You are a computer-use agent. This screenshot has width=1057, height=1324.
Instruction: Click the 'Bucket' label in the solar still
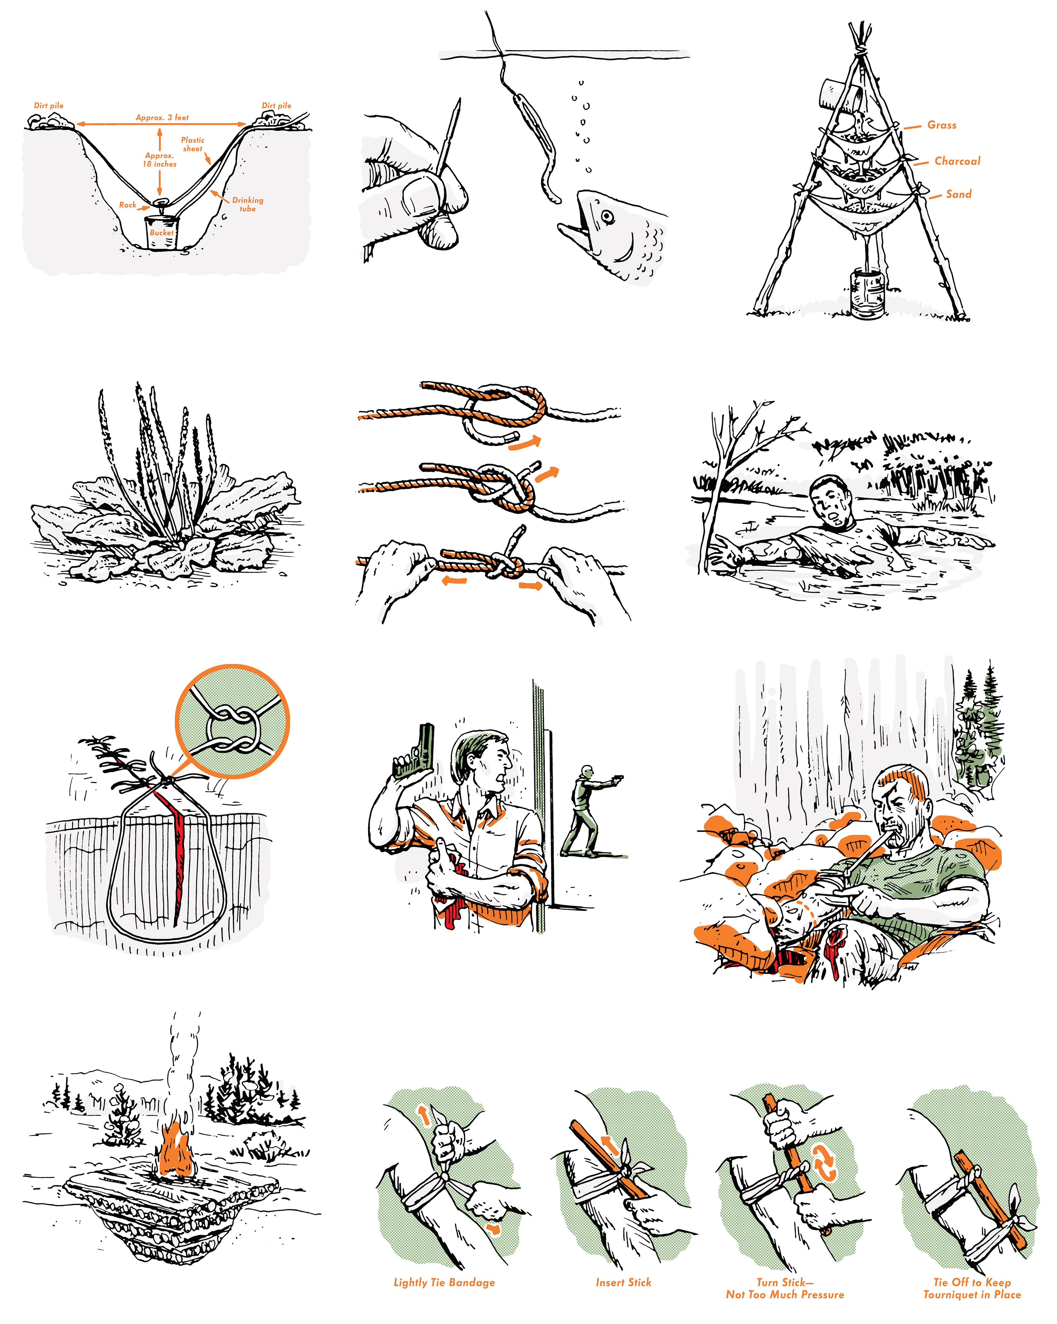click(162, 233)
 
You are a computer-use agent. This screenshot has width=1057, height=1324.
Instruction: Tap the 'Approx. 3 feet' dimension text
click(162, 117)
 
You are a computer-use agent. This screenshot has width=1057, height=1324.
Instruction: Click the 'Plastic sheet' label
click(193, 144)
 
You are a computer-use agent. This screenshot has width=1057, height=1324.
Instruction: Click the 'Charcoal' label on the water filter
click(957, 161)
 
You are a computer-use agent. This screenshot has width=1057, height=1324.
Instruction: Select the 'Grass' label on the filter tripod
click(942, 125)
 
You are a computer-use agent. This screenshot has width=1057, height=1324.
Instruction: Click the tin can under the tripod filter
click(868, 294)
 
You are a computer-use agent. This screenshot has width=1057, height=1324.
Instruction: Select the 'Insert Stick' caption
click(623, 1282)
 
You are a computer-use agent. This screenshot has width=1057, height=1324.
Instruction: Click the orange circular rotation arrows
click(825, 1162)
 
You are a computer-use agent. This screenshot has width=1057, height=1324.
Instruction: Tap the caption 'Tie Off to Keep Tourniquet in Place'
click(972, 1288)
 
